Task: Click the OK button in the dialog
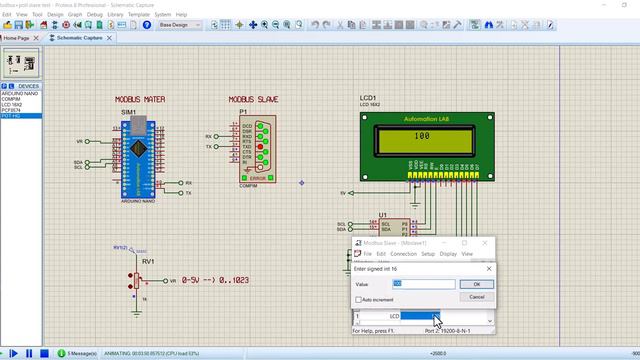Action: [477, 284]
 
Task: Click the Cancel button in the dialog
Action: [477, 297]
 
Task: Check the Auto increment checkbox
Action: [358, 299]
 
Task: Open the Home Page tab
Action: [19, 37]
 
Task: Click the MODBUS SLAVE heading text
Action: [255, 100]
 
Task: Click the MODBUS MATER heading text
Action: [141, 100]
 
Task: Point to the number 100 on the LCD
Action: [421, 136]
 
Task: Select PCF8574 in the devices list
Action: [12, 110]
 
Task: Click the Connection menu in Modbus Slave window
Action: [403, 254]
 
